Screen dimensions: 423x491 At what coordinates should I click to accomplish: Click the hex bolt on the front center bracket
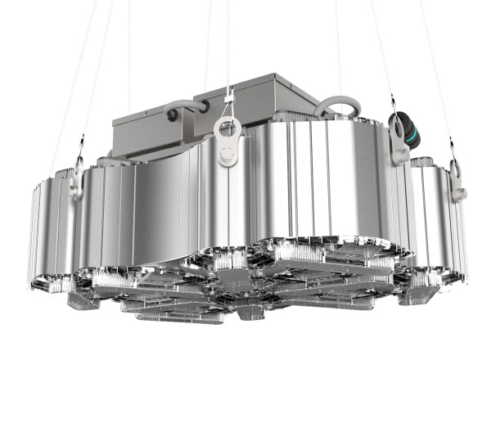point(226,153)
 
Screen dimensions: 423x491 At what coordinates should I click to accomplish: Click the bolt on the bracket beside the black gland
point(400,153)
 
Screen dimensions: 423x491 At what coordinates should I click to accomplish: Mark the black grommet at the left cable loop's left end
point(172,116)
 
